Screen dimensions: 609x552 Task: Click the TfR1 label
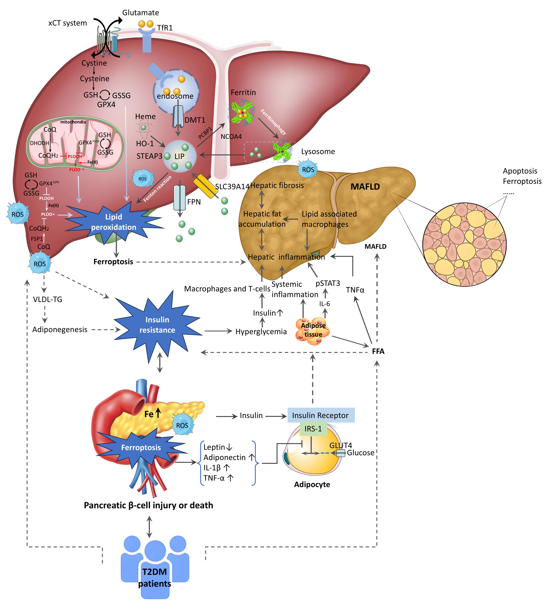click(165, 28)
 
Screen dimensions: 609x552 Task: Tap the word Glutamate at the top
click(141, 13)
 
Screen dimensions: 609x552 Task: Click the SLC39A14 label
click(232, 186)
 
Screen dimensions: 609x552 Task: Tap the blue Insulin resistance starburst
click(157, 325)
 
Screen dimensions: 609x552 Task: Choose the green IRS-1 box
click(313, 429)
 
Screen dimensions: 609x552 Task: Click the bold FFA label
click(378, 351)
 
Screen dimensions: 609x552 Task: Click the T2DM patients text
click(155, 578)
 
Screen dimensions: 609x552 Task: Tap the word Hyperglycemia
click(261, 332)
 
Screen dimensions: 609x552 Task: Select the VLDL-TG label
click(47, 299)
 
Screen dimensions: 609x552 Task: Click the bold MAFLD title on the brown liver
click(365, 187)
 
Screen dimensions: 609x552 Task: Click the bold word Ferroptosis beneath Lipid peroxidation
click(113, 262)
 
